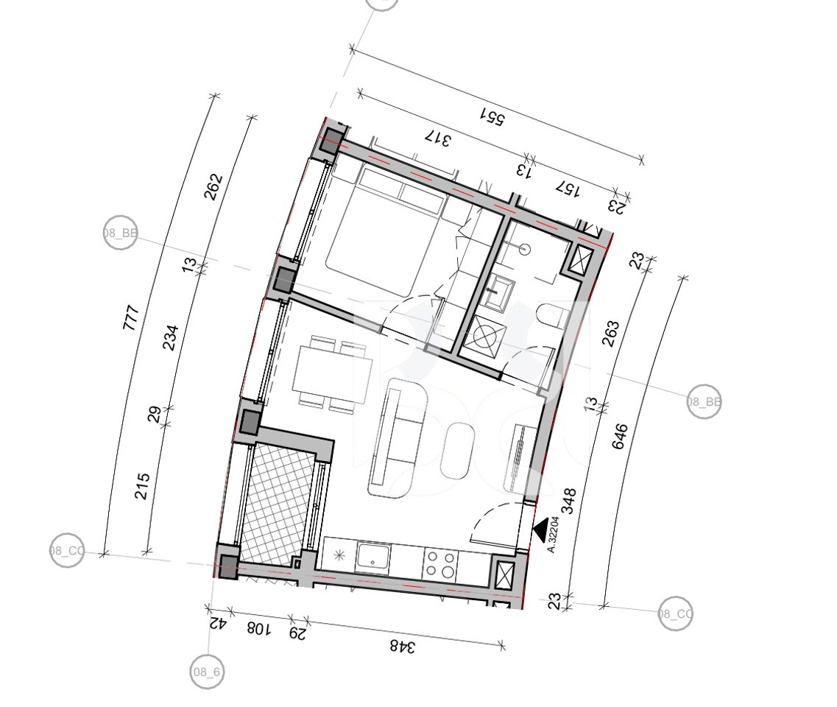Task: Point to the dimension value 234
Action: [x=170, y=337]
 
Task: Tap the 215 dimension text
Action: [x=143, y=486]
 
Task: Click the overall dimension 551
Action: [x=492, y=118]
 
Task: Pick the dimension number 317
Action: [x=438, y=138]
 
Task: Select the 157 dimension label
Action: [x=568, y=189]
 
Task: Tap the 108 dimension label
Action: [x=258, y=629]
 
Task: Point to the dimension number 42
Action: [x=217, y=623]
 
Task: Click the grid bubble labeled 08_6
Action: [x=207, y=672]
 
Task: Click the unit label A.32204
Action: [x=554, y=534]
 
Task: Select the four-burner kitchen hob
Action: [x=440, y=565]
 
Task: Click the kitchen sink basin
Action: [x=373, y=557]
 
